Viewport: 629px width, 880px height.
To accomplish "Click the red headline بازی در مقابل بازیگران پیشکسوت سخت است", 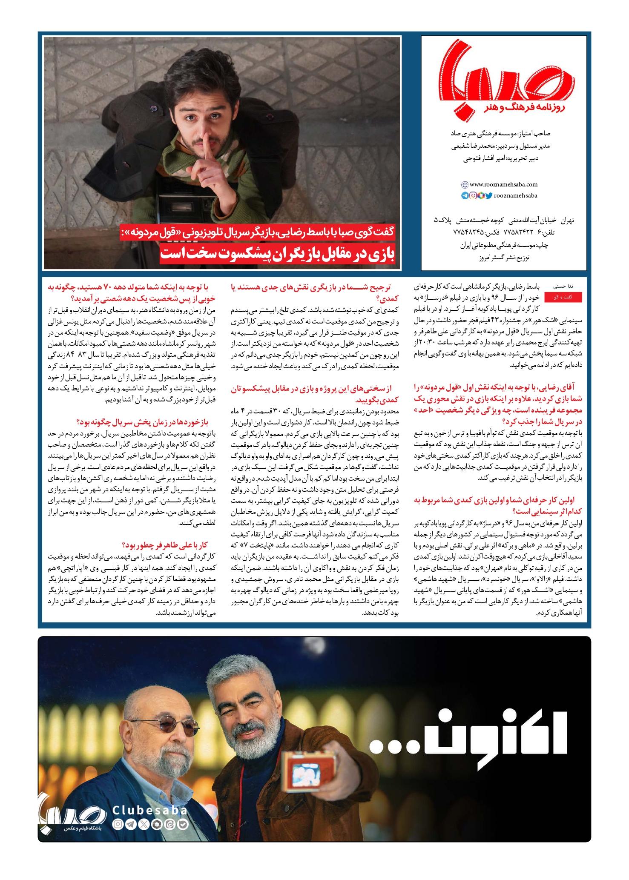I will click(278, 254).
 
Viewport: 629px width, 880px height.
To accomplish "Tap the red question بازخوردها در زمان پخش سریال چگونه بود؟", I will click(147, 422).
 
